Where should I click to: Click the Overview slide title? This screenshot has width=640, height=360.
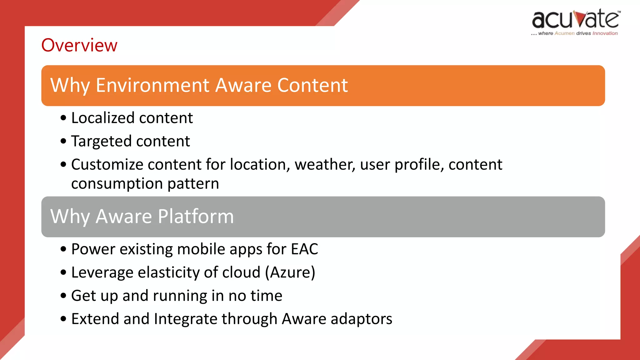point(79,45)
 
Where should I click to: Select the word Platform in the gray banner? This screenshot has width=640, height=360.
point(196,216)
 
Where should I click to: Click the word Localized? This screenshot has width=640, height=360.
point(103,118)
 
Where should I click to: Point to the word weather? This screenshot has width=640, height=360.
point(325,165)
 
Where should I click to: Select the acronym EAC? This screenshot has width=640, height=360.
point(304,249)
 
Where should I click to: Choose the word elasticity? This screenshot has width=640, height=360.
point(168,272)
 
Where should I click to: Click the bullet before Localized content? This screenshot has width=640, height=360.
point(64,118)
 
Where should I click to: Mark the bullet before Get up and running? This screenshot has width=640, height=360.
point(64,296)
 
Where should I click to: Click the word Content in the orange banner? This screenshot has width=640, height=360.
point(312,85)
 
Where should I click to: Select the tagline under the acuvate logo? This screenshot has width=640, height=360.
point(574,33)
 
